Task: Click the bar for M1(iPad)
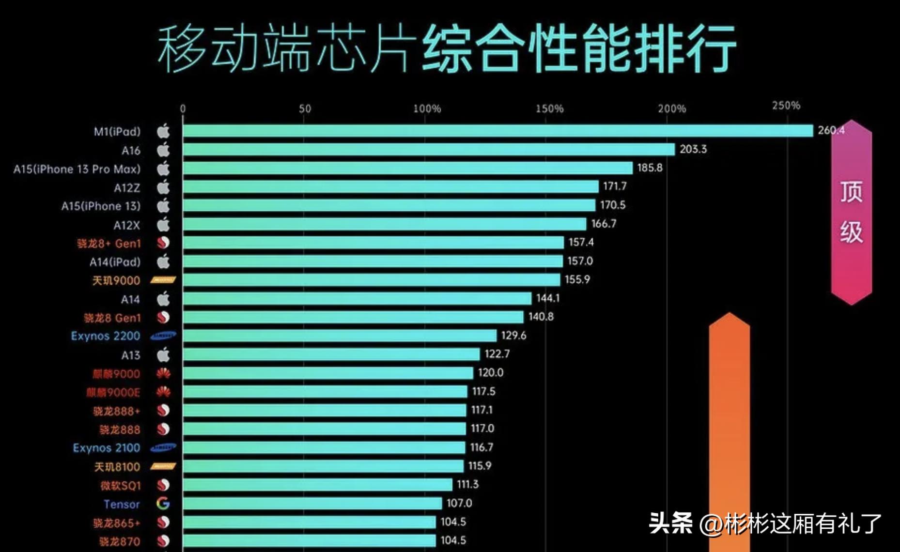point(497,131)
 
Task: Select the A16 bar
point(429,150)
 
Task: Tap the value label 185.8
point(650,168)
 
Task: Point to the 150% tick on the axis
point(549,109)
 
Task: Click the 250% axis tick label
point(786,106)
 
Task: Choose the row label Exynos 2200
point(105,336)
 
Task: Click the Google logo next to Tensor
point(163,504)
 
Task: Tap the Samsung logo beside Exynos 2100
point(163,448)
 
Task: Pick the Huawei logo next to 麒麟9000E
point(163,392)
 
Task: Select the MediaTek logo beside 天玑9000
point(163,280)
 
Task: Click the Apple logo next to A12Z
point(163,187)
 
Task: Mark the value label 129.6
point(513,336)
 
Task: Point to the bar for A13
point(331,354)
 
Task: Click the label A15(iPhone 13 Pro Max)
point(77,169)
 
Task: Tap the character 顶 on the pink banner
point(851,192)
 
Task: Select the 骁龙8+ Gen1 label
point(109,243)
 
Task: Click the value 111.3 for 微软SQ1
point(467,484)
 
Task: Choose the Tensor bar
point(312,504)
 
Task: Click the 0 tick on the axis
point(183,109)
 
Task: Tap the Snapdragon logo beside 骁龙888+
point(163,411)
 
